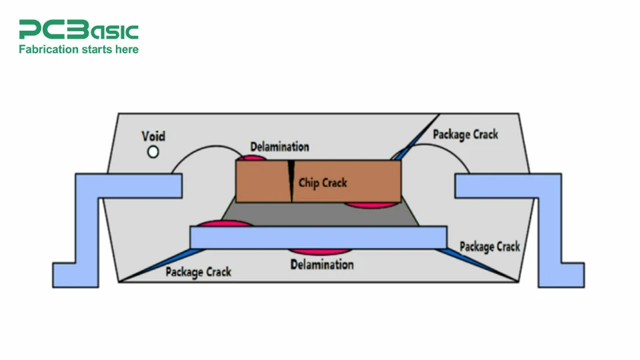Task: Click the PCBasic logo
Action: point(79,30)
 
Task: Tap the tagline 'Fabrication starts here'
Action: point(79,49)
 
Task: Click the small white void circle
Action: point(153,152)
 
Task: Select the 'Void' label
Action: point(153,136)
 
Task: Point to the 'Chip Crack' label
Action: point(323,182)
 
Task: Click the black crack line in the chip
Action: point(291,180)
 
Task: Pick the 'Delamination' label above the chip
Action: point(279,146)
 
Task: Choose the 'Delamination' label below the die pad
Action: point(322,265)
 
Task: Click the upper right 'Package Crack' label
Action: point(465,134)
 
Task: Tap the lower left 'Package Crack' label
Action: point(199,271)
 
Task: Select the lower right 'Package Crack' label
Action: point(490,247)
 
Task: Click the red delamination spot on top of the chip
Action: point(251,159)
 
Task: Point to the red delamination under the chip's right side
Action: point(374,205)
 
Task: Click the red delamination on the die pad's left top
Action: point(223,224)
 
